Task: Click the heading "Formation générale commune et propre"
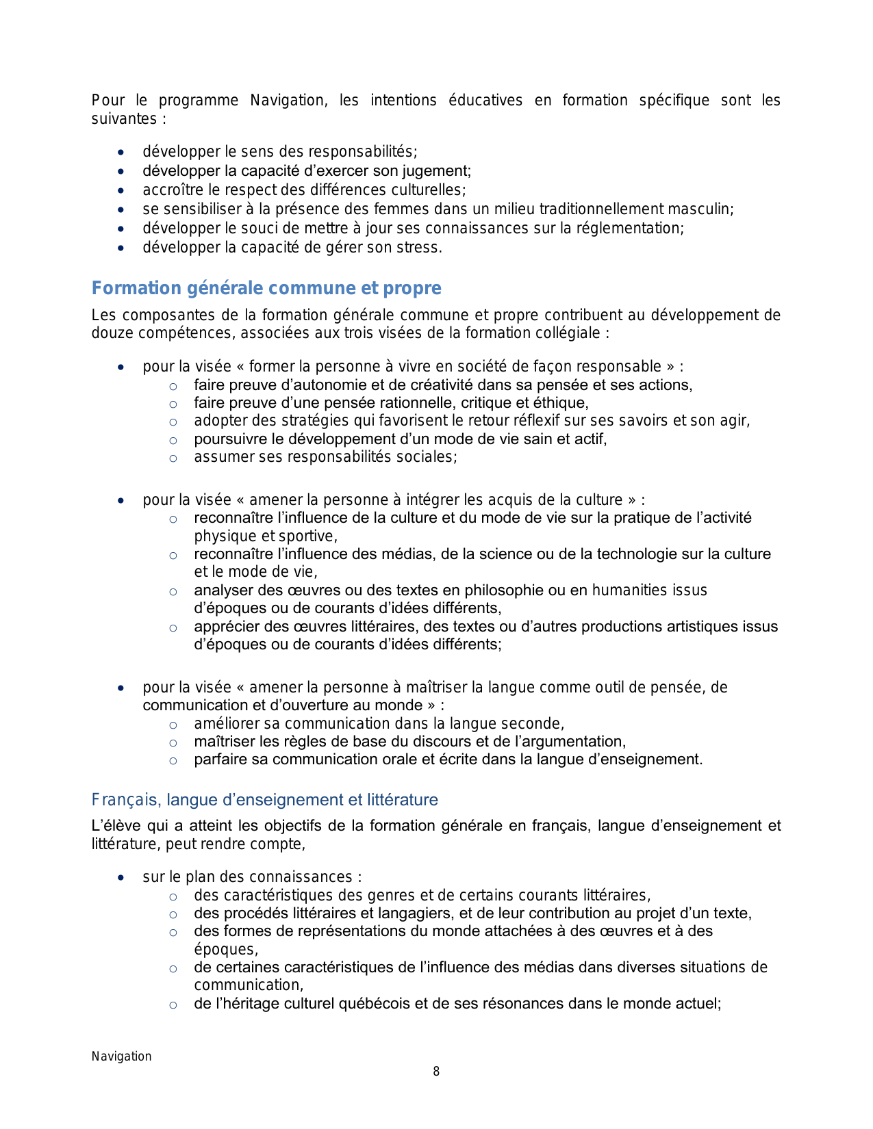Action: (x=266, y=288)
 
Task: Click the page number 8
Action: (x=436, y=1072)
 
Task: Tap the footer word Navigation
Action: (x=122, y=1056)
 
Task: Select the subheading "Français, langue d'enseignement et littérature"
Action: (x=265, y=800)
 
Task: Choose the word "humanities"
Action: (x=629, y=591)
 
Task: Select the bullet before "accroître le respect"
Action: (x=121, y=191)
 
